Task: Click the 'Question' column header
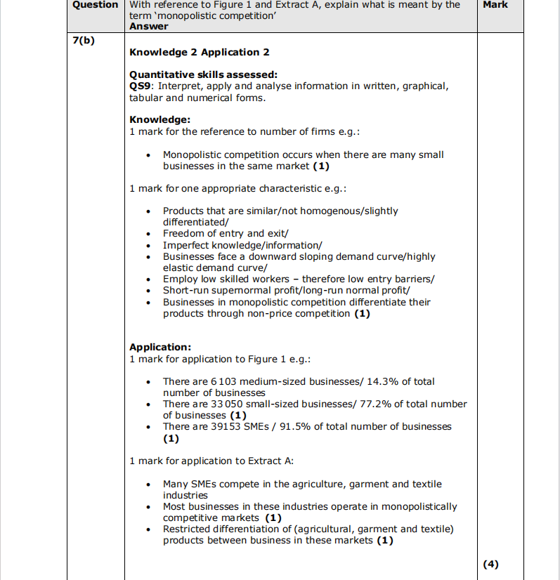click(x=96, y=5)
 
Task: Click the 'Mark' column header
click(x=495, y=5)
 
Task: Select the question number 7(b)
click(x=84, y=40)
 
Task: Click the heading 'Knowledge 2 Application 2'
click(x=200, y=52)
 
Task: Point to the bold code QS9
click(x=140, y=86)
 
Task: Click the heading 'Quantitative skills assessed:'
click(x=204, y=74)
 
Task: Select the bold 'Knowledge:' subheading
click(x=160, y=120)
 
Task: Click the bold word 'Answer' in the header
click(x=149, y=27)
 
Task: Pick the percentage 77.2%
click(x=377, y=404)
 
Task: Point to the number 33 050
click(x=226, y=404)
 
